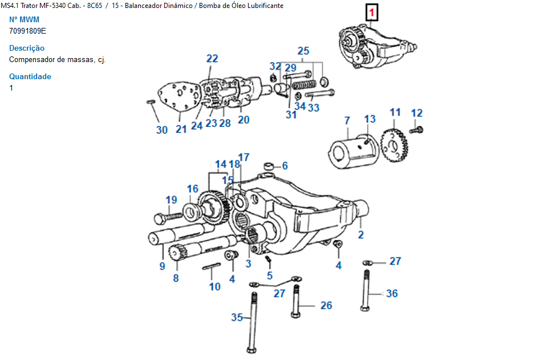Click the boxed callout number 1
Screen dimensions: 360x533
(371, 12)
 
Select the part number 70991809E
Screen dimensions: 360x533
(28, 31)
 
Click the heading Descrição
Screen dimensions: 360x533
(27, 48)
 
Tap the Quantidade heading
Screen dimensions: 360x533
(30, 77)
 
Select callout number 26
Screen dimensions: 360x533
(326, 305)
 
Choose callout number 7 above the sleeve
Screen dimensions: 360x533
(347, 120)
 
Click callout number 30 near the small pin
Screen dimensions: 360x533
(162, 130)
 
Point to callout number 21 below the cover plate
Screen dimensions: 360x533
(181, 129)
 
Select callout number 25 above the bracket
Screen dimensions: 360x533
(303, 50)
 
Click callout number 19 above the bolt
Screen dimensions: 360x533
(172, 199)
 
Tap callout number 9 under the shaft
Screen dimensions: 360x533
(162, 265)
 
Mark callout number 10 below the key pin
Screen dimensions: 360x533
(214, 287)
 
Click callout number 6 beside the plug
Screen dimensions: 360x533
(284, 166)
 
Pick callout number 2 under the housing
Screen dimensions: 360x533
(360, 235)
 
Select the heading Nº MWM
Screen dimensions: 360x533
(25, 20)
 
